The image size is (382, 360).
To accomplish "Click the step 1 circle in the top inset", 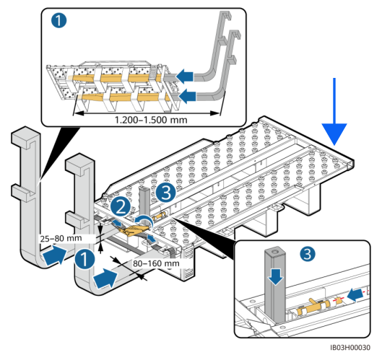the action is [58, 20].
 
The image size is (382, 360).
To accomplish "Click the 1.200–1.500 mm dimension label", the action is [151, 120].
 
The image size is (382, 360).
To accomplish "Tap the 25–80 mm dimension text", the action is [61, 238].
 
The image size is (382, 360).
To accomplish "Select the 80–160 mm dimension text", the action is [156, 263].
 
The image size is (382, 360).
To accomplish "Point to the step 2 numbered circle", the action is [121, 207].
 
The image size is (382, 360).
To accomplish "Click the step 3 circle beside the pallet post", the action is [166, 193].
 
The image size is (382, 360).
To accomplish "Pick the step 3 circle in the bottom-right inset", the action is [308, 254].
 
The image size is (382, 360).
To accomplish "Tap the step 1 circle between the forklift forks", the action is [84, 259].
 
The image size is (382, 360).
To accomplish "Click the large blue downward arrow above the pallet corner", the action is [334, 112].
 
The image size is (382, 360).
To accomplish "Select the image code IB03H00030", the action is [350, 348].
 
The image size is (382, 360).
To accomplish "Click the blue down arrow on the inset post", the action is [276, 276].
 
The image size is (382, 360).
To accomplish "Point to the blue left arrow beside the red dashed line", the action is [355, 294].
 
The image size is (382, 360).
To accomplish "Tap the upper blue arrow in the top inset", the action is [185, 76].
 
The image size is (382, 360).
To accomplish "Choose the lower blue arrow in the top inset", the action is [187, 96].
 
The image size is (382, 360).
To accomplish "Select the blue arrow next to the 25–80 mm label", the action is [55, 255].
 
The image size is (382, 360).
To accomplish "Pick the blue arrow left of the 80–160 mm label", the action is [105, 278].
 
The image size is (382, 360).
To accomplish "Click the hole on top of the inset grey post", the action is [275, 251].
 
